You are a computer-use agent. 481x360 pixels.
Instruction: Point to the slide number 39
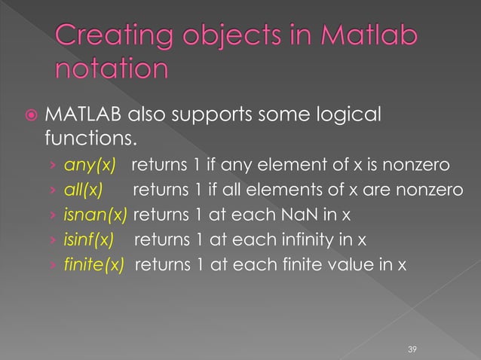412,349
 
